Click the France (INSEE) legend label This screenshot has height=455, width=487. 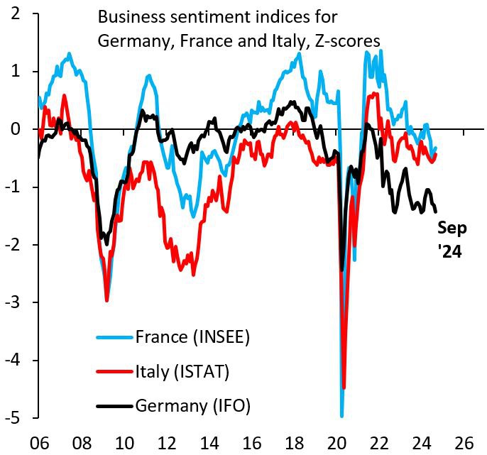(192, 336)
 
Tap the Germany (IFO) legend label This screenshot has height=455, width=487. (193, 405)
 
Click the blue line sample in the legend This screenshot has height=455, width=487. (114, 336)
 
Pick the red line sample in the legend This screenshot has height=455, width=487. (114, 371)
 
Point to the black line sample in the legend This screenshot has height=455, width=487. (114, 405)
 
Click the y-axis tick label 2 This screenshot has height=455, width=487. (16, 13)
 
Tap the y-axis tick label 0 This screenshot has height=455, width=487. (16, 129)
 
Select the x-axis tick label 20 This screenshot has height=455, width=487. (343, 441)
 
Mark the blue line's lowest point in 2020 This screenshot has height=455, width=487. (342, 415)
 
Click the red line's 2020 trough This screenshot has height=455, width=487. (344, 388)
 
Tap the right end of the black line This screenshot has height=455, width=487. (435, 210)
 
